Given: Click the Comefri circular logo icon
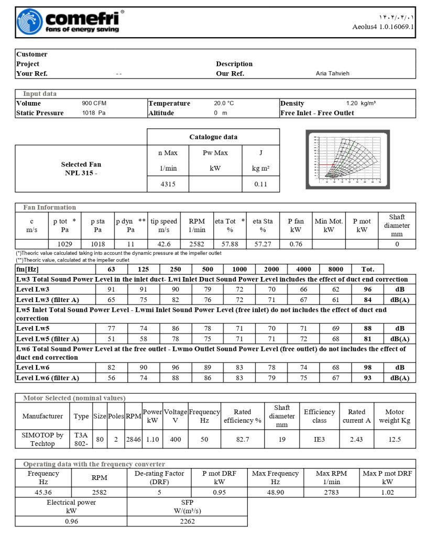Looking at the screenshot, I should pyautogui.click(x=29, y=22).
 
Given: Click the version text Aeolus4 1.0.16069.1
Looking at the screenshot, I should pyautogui.click(x=383, y=27).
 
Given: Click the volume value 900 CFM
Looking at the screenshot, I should pyautogui.click(x=94, y=104).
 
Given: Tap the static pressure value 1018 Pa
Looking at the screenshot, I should pyautogui.click(x=94, y=113).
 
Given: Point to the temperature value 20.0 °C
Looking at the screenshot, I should pyautogui.click(x=223, y=104).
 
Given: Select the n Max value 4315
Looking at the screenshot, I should pyautogui.click(x=168, y=185).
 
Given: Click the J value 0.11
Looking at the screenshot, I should pyautogui.click(x=260, y=185).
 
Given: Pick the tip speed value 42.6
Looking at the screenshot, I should pyautogui.click(x=164, y=244).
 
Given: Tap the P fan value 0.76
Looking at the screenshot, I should pyautogui.click(x=296, y=244).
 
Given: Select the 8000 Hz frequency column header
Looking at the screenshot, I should pyautogui.click(x=335, y=269).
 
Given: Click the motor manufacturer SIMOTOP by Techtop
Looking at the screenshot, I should pyautogui.click(x=42, y=439).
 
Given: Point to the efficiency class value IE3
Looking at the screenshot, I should pyautogui.click(x=319, y=439).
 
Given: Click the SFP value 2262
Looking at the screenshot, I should pyautogui.click(x=187, y=521).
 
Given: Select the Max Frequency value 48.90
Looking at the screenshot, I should pyautogui.click(x=275, y=492).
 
